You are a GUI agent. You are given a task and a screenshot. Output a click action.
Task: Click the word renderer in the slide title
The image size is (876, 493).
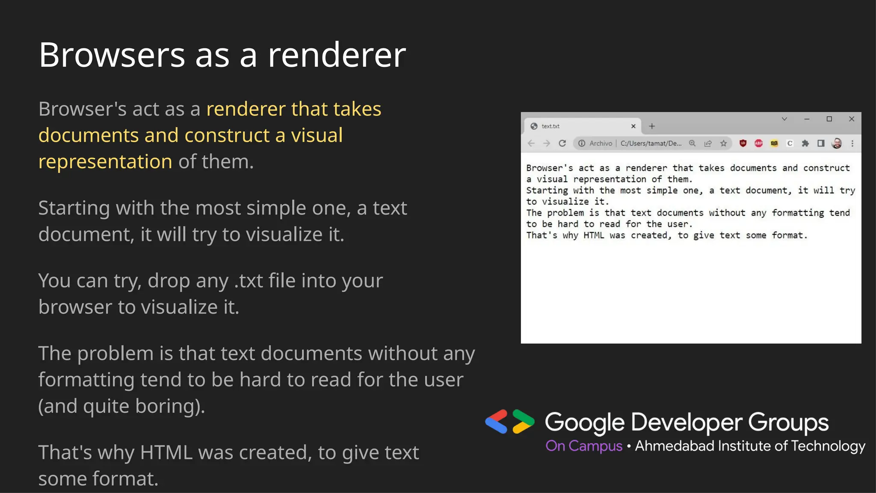337,55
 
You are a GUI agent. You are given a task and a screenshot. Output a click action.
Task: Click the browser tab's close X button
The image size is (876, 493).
633,126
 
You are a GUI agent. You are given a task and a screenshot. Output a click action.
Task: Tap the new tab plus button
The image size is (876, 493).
652,126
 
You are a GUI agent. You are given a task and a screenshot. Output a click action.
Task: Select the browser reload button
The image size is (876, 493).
562,143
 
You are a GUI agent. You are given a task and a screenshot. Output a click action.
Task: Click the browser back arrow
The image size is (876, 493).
531,143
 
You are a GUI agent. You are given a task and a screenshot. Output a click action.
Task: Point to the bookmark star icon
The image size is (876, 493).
723,143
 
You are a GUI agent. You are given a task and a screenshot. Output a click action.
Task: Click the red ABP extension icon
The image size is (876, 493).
758,143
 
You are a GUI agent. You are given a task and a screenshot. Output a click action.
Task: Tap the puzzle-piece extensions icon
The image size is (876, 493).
805,143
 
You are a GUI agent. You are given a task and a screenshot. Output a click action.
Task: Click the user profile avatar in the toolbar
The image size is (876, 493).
837,143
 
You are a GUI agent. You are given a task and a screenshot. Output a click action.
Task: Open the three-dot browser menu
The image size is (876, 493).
852,143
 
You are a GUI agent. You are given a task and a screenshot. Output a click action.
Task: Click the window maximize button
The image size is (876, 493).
829,119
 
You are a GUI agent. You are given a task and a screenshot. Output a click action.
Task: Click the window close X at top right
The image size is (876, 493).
852,119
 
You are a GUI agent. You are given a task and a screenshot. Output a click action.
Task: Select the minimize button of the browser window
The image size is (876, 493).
807,119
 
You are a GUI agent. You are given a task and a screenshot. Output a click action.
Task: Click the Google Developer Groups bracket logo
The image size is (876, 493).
510,422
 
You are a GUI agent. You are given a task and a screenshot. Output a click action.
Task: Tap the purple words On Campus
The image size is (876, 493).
584,446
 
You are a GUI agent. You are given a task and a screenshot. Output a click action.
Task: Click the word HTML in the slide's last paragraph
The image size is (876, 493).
166,453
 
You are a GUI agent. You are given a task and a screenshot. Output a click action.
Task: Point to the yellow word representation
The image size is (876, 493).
105,162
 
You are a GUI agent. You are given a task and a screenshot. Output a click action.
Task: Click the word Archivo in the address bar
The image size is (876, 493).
601,143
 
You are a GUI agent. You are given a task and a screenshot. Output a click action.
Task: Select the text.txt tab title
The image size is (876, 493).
550,126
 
